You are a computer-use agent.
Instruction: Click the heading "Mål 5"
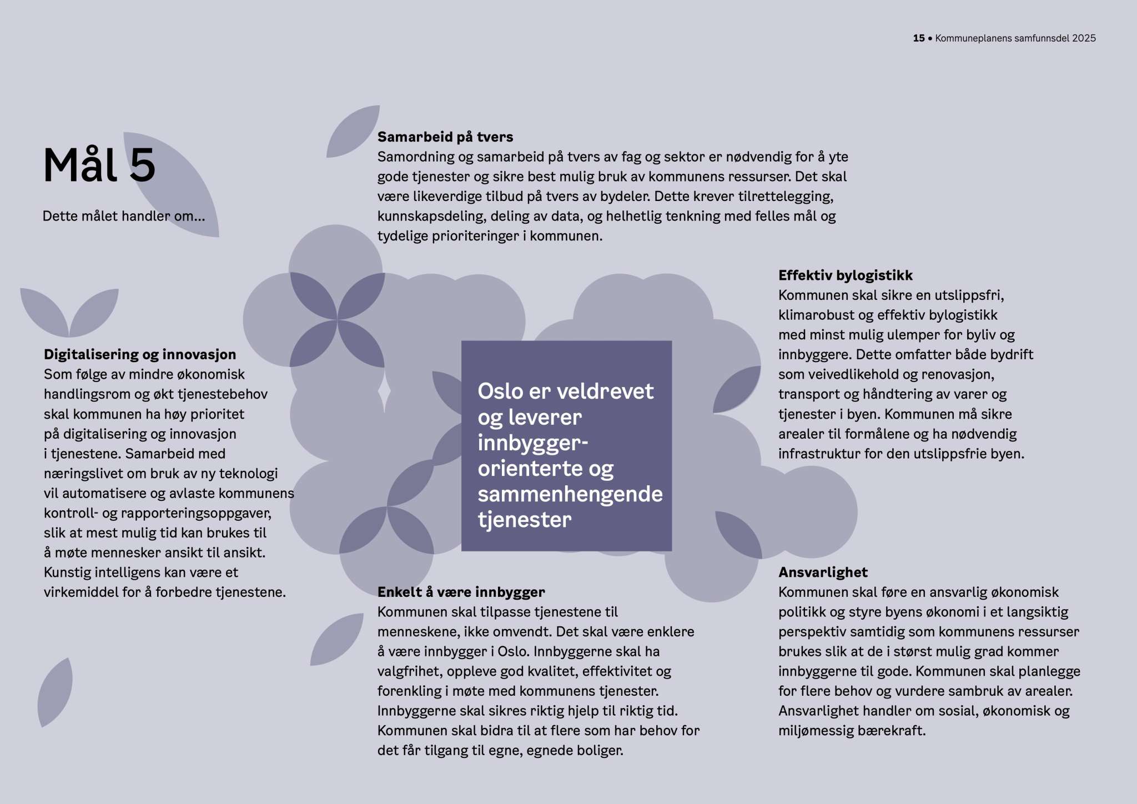(99, 165)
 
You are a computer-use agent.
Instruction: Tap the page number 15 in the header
(918, 38)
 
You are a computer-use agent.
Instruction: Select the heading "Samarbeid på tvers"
(445, 137)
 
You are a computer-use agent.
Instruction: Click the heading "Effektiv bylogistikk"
(845, 275)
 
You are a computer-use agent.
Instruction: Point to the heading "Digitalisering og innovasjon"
(140, 354)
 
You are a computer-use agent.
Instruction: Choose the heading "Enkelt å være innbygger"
(461, 592)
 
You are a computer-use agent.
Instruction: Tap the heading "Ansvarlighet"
(823, 572)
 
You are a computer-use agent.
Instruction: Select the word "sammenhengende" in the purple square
(570, 494)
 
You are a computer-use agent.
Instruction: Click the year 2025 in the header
(1084, 38)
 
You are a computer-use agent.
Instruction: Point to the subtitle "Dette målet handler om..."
(124, 216)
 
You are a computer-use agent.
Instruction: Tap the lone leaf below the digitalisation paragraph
(56, 692)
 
